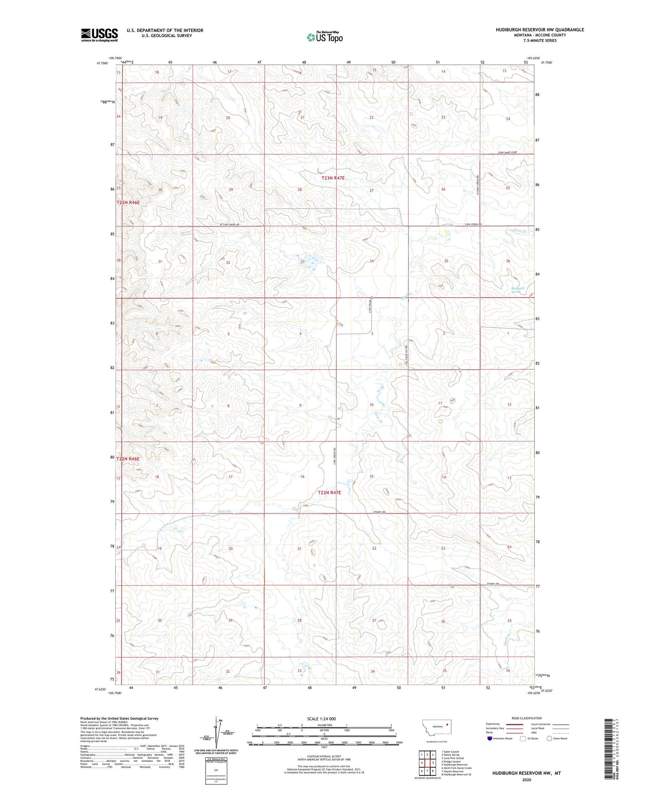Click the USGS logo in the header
99,34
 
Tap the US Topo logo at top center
324,37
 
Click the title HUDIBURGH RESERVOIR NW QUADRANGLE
540,30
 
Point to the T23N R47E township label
333,178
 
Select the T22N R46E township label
128,459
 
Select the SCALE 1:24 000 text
321,719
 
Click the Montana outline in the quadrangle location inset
436,728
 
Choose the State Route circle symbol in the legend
549,738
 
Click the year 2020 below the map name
526,780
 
